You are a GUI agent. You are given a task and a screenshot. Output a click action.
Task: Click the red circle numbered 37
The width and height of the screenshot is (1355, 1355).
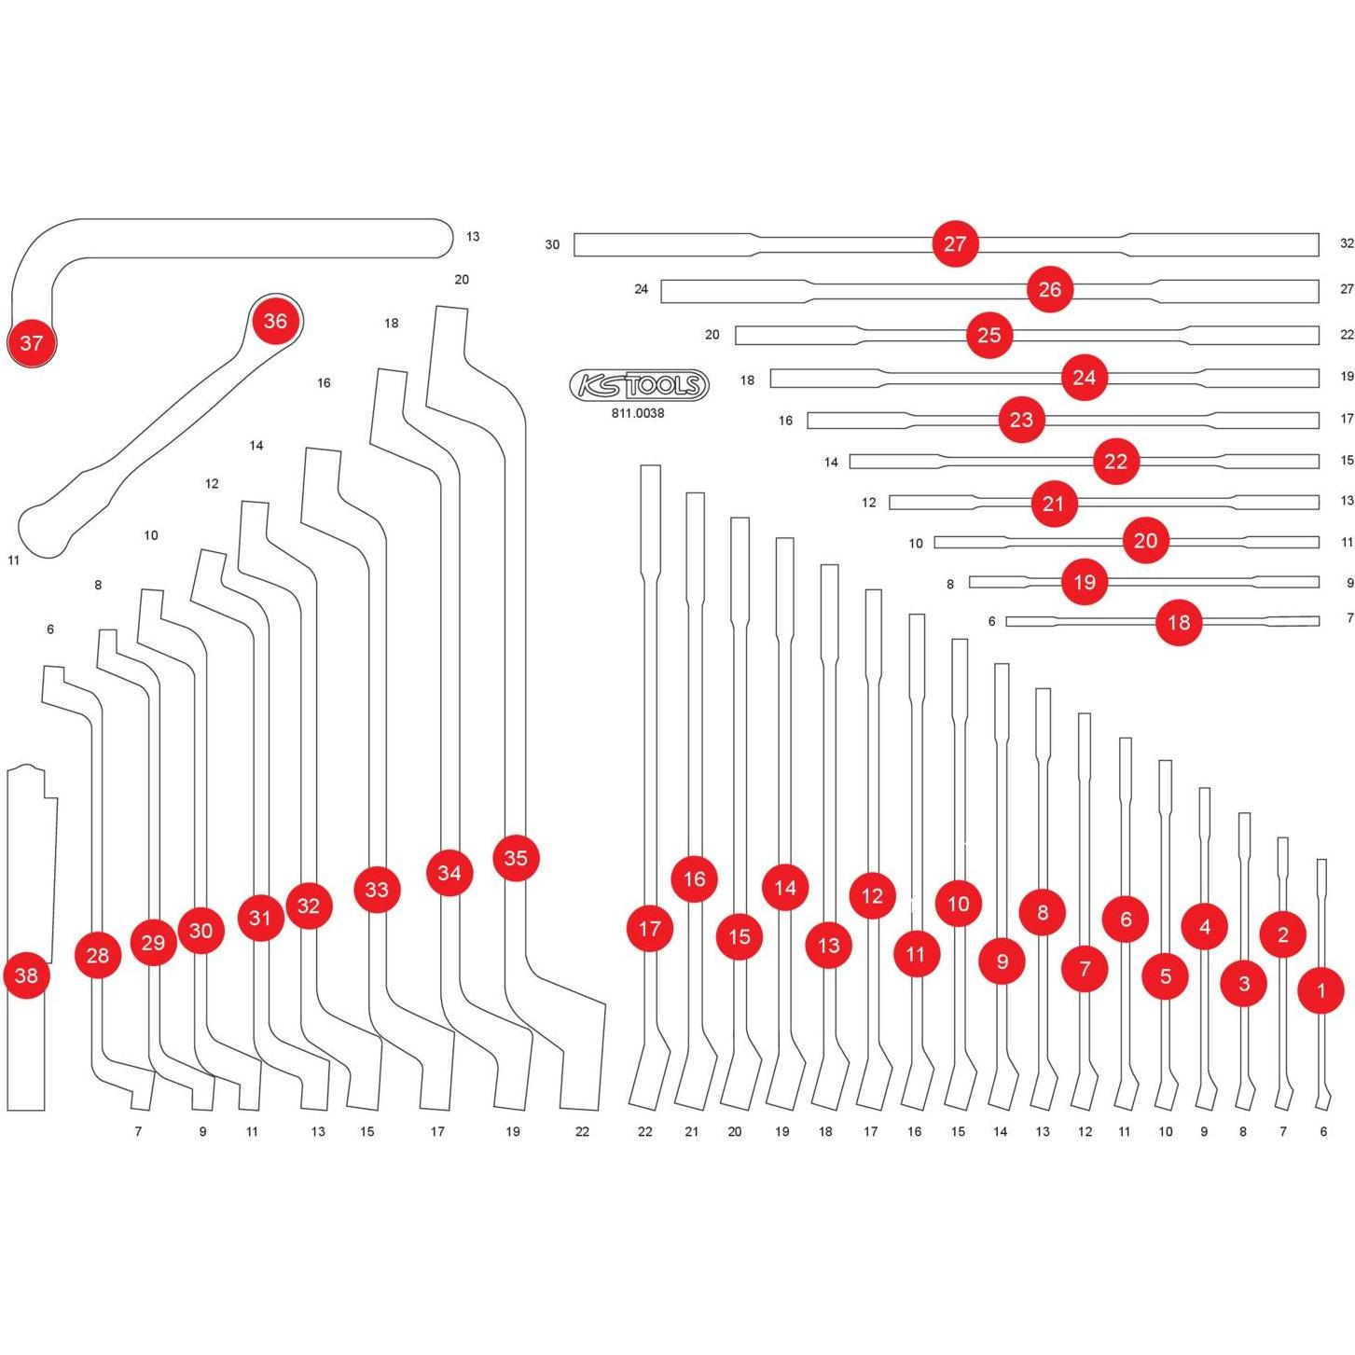coord(32,343)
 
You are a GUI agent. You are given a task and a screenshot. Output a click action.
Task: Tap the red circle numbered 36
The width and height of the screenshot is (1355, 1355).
coord(275,321)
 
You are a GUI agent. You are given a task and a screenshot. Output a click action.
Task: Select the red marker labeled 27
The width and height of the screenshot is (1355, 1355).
coord(955,244)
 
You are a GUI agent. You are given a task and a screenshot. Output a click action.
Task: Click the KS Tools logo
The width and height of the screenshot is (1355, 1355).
coord(639,385)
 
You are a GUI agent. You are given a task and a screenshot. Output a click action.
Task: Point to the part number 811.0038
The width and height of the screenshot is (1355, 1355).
coord(638,413)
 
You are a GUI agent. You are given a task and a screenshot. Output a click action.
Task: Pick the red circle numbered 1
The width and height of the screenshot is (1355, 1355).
coord(1320,990)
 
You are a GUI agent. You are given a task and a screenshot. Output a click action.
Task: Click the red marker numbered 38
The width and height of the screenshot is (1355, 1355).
coord(27,975)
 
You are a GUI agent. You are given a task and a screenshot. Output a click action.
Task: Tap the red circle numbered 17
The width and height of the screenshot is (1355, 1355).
coord(650,929)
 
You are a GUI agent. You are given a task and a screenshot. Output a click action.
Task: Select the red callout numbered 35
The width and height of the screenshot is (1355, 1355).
coord(516,858)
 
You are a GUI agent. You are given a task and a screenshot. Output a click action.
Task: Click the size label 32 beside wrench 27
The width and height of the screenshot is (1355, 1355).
coord(1346,243)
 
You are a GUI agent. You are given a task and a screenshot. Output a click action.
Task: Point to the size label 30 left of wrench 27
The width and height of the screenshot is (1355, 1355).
coord(552,244)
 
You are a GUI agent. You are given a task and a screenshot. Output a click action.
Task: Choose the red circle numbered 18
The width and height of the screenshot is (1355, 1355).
coord(1179,622)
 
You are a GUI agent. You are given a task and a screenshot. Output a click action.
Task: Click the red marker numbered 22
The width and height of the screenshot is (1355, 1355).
coord(1116,462)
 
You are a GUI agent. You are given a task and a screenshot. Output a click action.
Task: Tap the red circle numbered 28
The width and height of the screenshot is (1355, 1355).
coord(98,955)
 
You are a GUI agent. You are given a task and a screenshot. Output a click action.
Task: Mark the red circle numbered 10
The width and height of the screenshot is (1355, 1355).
coord(959,904)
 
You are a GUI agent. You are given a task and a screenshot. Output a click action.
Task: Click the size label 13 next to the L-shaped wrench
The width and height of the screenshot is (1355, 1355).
coord(473,237)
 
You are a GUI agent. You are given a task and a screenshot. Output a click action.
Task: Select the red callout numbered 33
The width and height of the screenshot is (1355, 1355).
coord(377,890)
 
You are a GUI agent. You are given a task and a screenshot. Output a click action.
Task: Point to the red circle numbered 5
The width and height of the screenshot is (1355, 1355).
coord(1166,976)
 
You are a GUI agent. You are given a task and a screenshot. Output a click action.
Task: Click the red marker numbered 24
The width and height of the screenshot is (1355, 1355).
coord(1084,378)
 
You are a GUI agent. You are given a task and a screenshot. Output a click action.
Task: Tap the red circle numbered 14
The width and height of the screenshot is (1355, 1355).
coord(785,888)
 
